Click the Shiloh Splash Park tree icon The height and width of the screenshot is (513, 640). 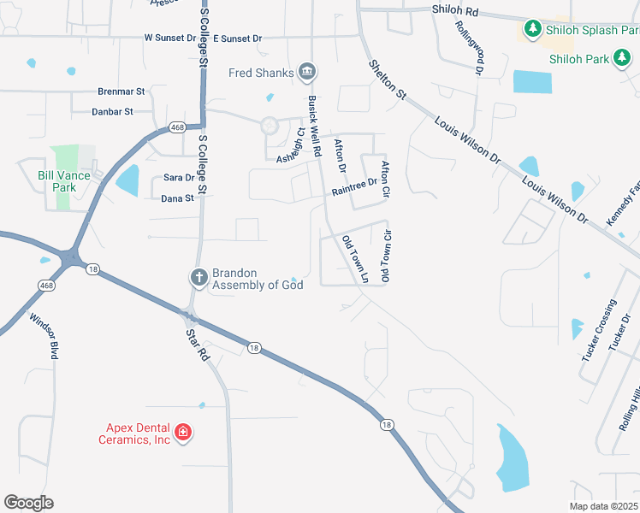(x=532, y=31)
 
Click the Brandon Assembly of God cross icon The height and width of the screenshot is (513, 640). (x=199, y=277)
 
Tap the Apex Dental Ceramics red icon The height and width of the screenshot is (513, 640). (x=182, y=433)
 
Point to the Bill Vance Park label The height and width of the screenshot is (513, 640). (x=63, y=180)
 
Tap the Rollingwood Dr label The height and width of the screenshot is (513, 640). (x=477, y=47)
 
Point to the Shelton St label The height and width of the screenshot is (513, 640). (x=387, y=82)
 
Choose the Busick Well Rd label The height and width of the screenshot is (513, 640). (x=313, y=125)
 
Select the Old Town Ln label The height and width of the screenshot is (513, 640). (x=354, y=259)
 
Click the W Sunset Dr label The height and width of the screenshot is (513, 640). (x=170, y=38)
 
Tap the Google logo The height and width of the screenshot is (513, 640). (x=28, y=503)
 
